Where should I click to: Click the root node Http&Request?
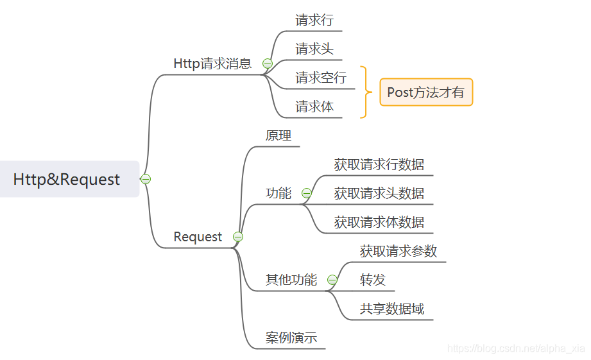[67, 179]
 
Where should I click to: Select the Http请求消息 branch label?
[212, 64]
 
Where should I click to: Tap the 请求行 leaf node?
[314, 20]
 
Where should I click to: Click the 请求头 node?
[314, 49]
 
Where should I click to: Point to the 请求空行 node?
[321, 78]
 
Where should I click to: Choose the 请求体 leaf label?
[314, 107]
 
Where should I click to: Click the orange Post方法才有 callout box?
[426, 92]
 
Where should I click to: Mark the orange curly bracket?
[366, 92]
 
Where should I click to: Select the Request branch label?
[198, 237]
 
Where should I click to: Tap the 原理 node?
[278, 135]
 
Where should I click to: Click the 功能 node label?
[278, 193]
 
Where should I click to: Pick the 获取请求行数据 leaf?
[379, 164]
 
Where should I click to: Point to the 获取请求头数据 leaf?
[379, 193]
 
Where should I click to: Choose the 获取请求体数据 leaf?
[379, 222]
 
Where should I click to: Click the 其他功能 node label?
[291, 280]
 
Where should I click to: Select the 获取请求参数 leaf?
[398, 251]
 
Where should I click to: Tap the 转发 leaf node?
[373, 280]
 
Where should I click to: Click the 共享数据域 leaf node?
[392, 309]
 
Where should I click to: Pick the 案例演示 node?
[291, 338]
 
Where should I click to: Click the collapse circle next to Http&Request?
[146, 179]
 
